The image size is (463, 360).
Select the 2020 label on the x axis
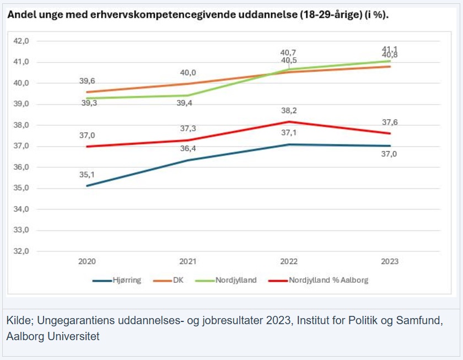(x=87, y=262)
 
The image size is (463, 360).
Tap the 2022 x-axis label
(x=289, y=262)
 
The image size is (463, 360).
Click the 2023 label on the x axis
(x=390, y=262)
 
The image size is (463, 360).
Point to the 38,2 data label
(x=289, y=110)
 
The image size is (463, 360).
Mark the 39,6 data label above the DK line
(x=87, y=81)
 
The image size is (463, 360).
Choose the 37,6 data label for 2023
(x=390, y=122)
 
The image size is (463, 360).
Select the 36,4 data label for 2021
(x=188, y=149)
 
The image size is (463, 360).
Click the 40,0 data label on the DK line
(x=188, y=73)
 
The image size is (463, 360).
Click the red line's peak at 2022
(x=289, y=121)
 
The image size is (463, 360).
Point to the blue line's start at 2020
(x=87, y=186)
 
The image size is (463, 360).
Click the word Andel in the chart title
(x=19, y=15)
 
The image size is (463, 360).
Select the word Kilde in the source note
(x=18, y=321)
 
